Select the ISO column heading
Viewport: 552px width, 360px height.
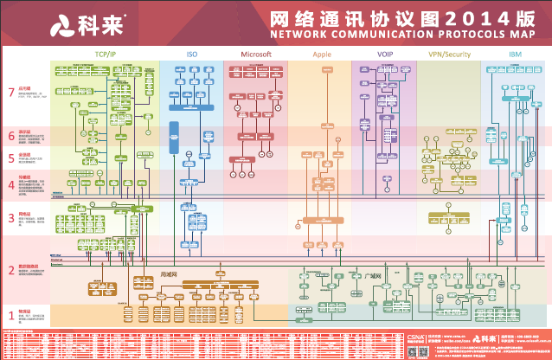[192, 54]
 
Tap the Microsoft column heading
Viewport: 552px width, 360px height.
[256, 54]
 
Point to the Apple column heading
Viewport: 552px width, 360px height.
[322, 54]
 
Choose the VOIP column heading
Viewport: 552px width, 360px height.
[384, 54]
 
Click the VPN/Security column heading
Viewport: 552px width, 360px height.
[449, 54]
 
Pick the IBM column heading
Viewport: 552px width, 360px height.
[515, 54]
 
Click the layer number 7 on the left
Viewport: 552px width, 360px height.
[11, 92]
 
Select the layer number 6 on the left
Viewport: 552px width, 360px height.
[11, 136]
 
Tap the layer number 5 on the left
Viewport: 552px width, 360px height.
[11, 158]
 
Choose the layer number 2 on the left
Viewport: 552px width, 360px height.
[11, 271]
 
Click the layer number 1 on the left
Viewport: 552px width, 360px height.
[11, 315]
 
